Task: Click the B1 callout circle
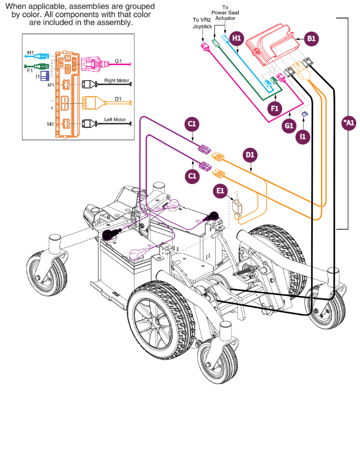pyautogui.click(x=311, y=38)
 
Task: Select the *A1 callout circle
pyautogui.click(x=348, y=124)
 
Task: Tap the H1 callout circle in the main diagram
pyautogui.click(x=237, y=38)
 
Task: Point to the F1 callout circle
pyautogui.click(x=275, y=106)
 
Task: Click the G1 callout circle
pyautogui.click(x=289, y=126)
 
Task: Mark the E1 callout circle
pyautogui.click(x=220, y=191)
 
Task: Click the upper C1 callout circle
pyautogui.click(x=192, y=124)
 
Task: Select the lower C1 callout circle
pyautogui.click(x=192, y=175)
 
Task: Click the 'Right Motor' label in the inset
pyautogui.click(x=115, y=80)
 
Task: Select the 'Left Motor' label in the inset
pyautogui.click(x=115, y=120)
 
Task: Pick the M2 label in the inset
pyautogui.click(x=51, y=124)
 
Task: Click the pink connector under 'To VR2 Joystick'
pyautogui.click(x=205, y=47)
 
